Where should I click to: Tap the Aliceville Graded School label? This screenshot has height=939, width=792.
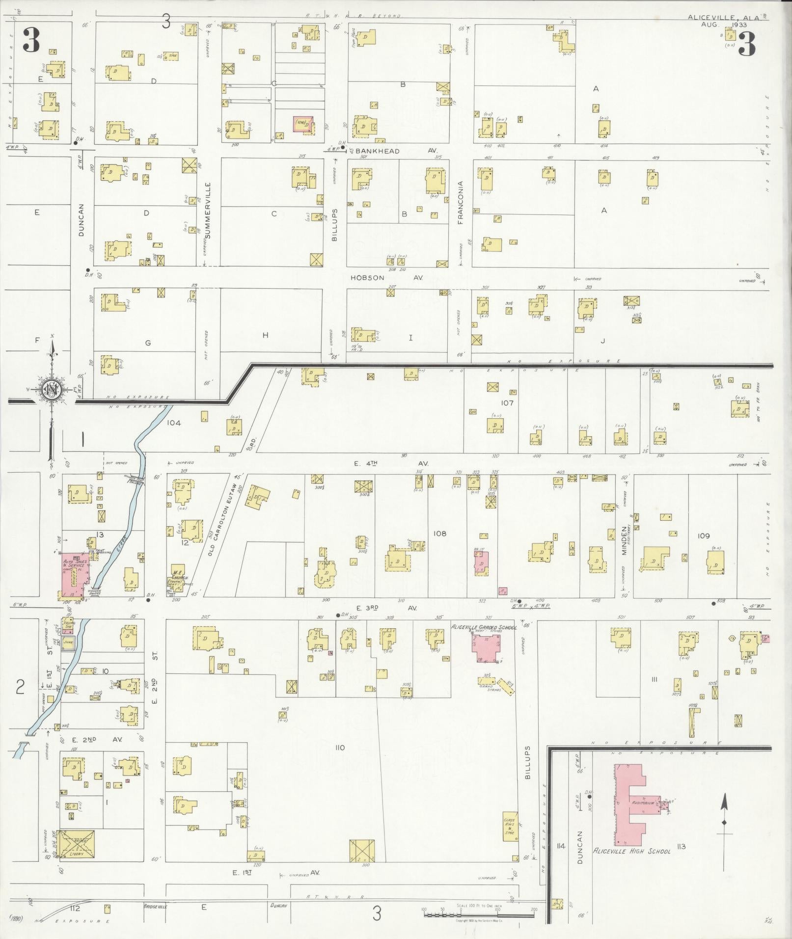coord(484,627)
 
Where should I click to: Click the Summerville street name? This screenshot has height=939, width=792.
coord(208,211)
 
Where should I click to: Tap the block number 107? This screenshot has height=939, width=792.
coord(507,403)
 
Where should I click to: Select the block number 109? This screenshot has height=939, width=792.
coord(704,536)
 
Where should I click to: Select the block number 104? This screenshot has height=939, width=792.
coord(174,423)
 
